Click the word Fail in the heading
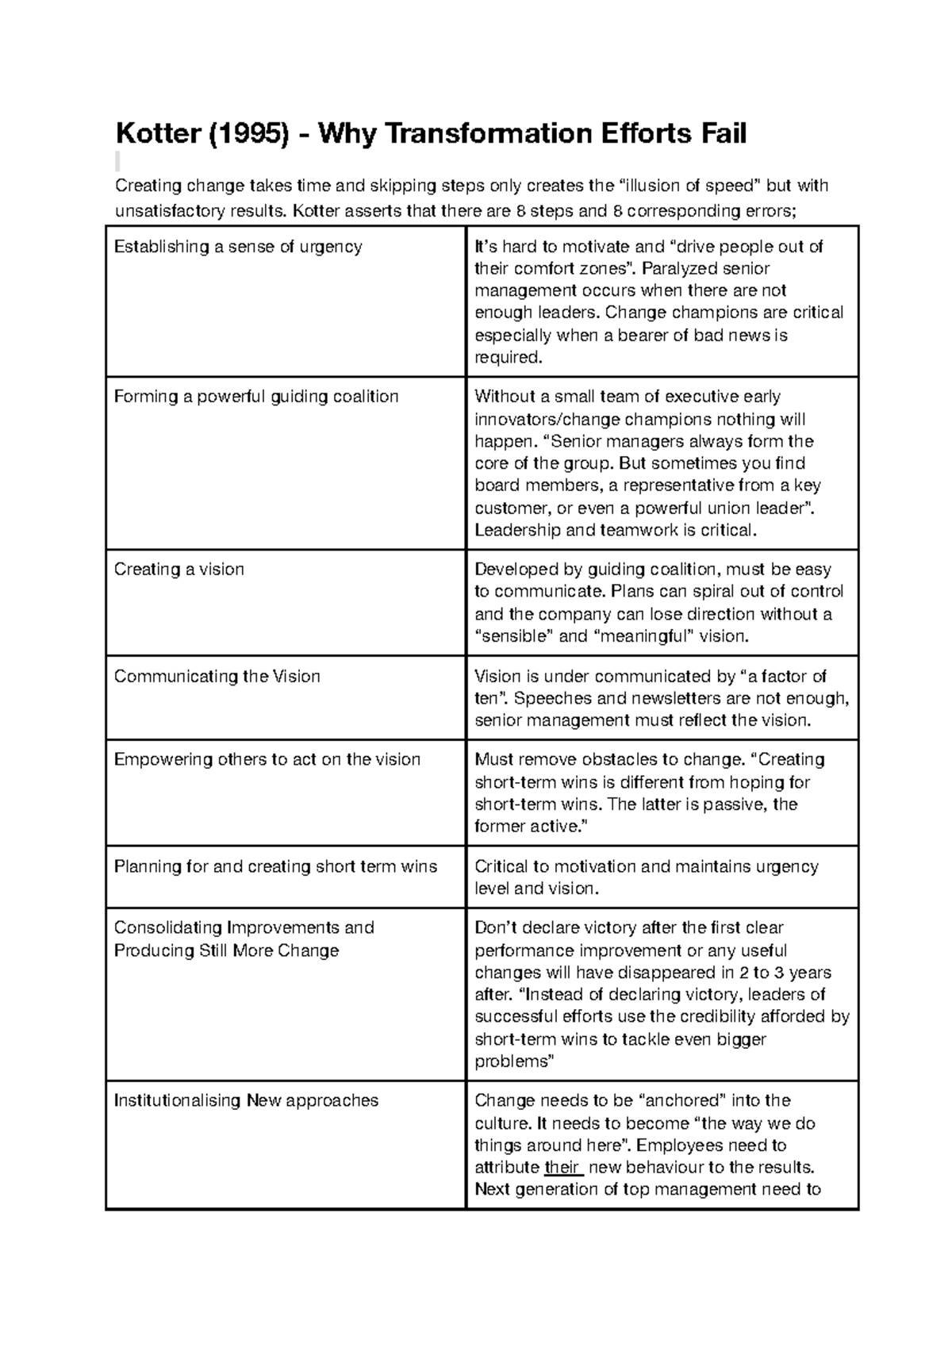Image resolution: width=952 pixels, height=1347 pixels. (x=721, y=133)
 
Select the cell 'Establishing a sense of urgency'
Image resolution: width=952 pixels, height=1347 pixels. (x=238, y=247)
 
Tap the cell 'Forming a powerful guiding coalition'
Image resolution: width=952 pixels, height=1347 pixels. (x=256, y=397)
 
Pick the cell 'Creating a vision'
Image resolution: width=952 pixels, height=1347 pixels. (x=179, y=570)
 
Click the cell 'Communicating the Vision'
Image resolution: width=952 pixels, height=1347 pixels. (x=217, y=677)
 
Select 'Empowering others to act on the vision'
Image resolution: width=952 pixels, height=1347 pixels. (x=267, y=760)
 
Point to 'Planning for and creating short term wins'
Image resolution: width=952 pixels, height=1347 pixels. (x=275, y=866)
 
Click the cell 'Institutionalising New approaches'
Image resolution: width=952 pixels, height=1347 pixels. (x=246, y=1101)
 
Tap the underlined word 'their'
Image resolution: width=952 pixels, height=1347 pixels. (x=563, y=1168)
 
